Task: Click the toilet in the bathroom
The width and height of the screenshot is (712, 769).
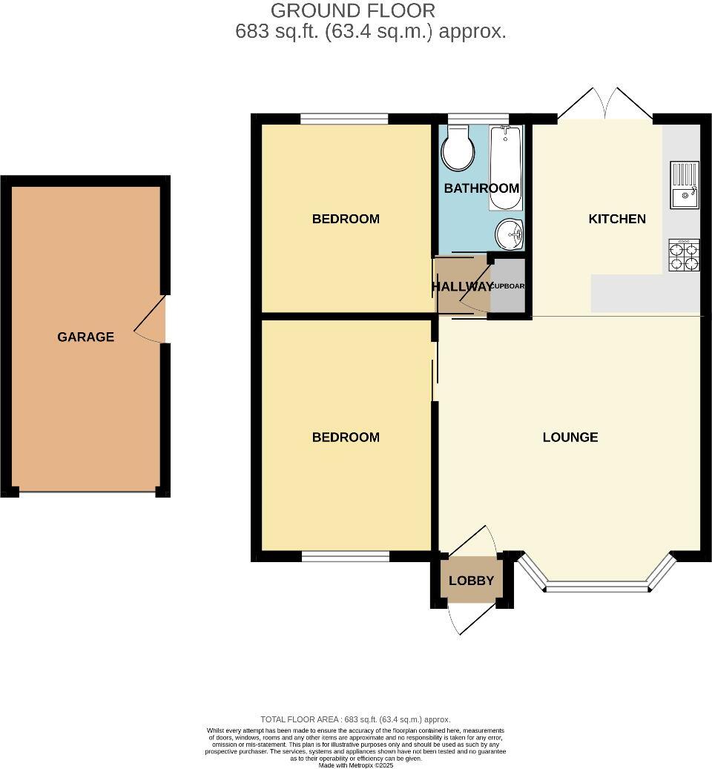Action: coord(458,150)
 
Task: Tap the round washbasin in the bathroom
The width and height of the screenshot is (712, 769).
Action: coord(510,235)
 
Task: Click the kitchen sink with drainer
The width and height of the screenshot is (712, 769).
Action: coord(685,185)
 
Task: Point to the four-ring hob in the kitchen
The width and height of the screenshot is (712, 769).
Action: coord(684,255)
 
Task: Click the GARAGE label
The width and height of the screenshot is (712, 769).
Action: coord(86,337)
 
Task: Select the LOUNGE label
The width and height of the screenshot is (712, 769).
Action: coord(570,438)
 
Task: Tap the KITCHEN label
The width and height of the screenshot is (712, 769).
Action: coord(617,219)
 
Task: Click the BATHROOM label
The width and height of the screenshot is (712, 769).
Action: coord(481,188)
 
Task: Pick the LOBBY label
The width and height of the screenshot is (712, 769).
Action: coord(471,581)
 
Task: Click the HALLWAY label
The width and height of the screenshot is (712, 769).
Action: coord(462,287)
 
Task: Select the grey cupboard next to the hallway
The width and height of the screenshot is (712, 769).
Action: coord(509,286)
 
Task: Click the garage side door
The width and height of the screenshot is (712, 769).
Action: coord(151,320)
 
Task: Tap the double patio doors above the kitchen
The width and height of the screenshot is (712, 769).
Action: coord(605,106)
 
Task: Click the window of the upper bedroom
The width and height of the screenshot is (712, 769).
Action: coord(345,119)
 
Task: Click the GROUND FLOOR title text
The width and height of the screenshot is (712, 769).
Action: coord(353,11)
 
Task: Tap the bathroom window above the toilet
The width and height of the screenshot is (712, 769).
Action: coord(478,119)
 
